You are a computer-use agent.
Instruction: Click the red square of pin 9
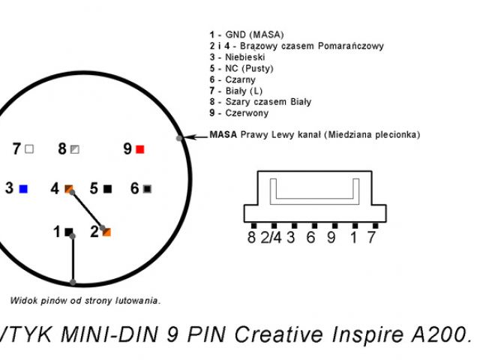click(x=139, y=149)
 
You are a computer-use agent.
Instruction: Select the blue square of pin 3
click(x=25, y=188)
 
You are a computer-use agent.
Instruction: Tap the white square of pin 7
click(x=29, y=149)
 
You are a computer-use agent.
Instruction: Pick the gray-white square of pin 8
click(x=74, y=149)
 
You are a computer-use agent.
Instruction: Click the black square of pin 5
click(x=108, y=188)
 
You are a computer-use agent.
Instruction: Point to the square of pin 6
click(x=148, y=188)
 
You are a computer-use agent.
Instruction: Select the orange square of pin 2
click(x=106, y=232)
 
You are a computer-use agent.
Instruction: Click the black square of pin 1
click(x=69, y=232)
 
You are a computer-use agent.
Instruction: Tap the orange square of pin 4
click(x=69, y=188)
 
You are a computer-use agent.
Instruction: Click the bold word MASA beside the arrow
click(x=223, y=135)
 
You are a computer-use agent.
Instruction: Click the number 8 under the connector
click(x=251, y=238)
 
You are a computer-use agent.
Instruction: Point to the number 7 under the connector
click(x=371, y=238)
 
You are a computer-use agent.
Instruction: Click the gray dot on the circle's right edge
click(x=179, y=139)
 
